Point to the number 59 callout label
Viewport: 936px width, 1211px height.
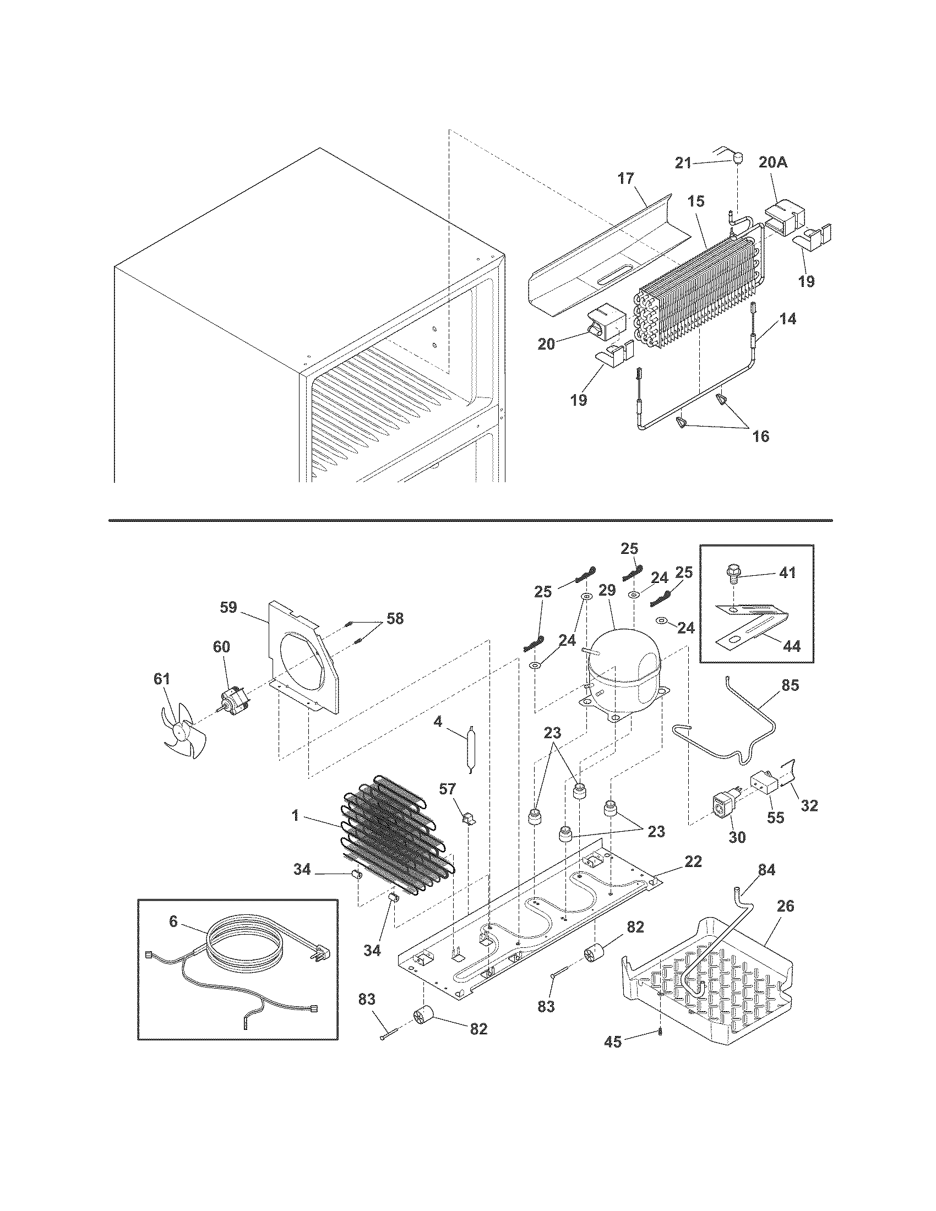coord(228,607)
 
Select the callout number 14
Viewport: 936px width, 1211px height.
coord(787,319)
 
